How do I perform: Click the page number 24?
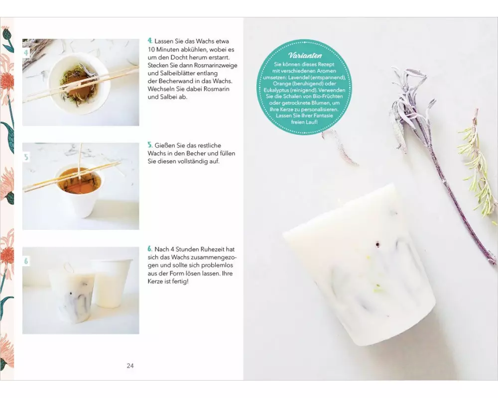[x=130, y=366]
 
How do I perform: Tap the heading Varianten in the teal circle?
[x=305, y=56]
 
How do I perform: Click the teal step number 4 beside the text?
[x=150, y=41]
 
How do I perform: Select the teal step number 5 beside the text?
[x=150, y=145]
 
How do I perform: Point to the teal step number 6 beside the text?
[x=150, y=249]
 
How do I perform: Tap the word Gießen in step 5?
[x=164, y=145]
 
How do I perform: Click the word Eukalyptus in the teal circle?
[x=276, y=90]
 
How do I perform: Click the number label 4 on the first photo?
[x=26, y=53]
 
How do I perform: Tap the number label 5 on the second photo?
[x=26, y=157]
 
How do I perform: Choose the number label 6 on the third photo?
[x=26, y=261]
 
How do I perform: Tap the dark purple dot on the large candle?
[x=377, y=244]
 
